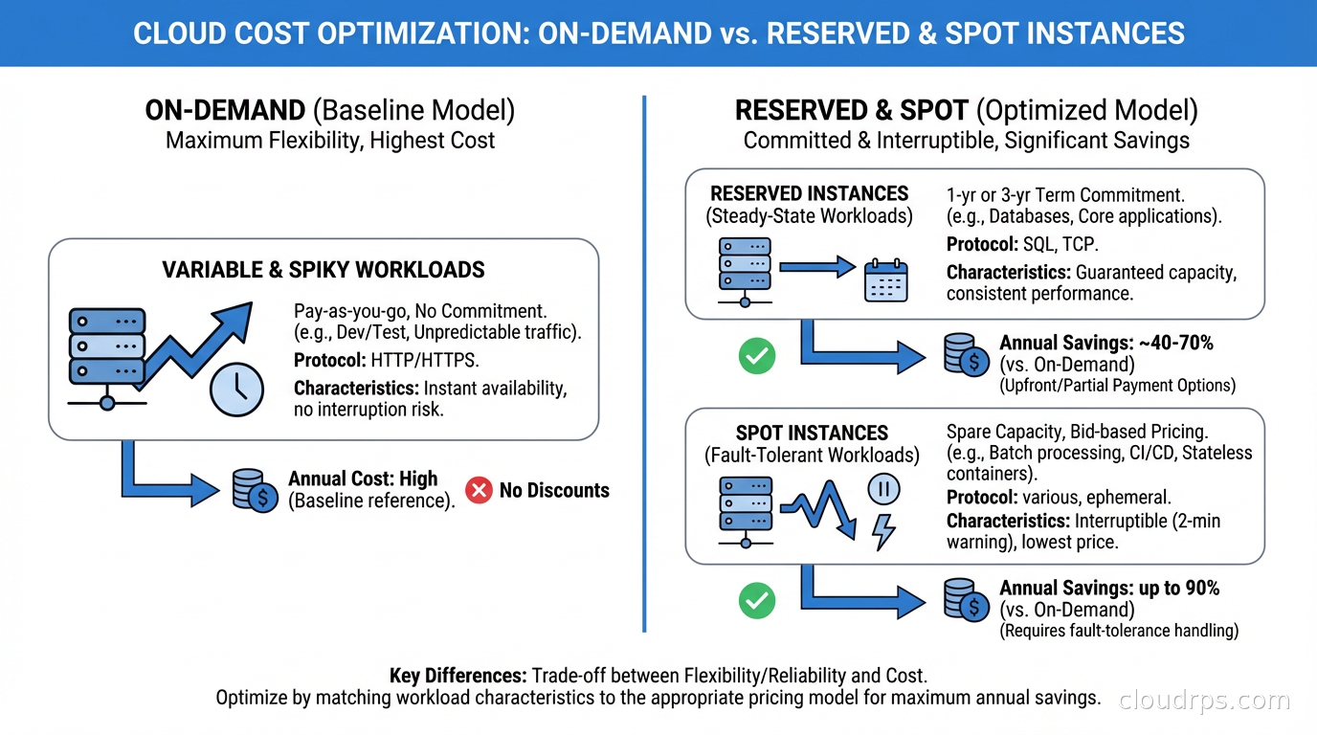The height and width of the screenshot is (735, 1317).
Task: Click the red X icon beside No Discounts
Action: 479,491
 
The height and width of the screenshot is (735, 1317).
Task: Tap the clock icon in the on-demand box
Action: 236,388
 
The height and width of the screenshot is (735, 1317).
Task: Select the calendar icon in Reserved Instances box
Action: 885,281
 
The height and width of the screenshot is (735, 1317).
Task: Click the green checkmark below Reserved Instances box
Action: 757,356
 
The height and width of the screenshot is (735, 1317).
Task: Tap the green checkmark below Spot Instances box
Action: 757,601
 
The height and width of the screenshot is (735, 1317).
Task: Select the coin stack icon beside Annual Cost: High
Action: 254,489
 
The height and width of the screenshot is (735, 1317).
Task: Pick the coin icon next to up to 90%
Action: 966,600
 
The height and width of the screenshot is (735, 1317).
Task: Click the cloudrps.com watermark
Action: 1204,700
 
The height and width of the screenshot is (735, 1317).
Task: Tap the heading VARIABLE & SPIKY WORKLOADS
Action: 324,269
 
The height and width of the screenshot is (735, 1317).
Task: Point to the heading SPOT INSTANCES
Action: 812,433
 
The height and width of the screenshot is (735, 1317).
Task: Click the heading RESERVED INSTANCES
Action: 810,193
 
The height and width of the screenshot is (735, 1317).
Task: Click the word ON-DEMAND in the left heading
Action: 225,111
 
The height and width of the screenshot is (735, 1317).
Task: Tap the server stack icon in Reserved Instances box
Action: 744,268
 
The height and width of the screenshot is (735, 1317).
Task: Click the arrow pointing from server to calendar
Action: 816,268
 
